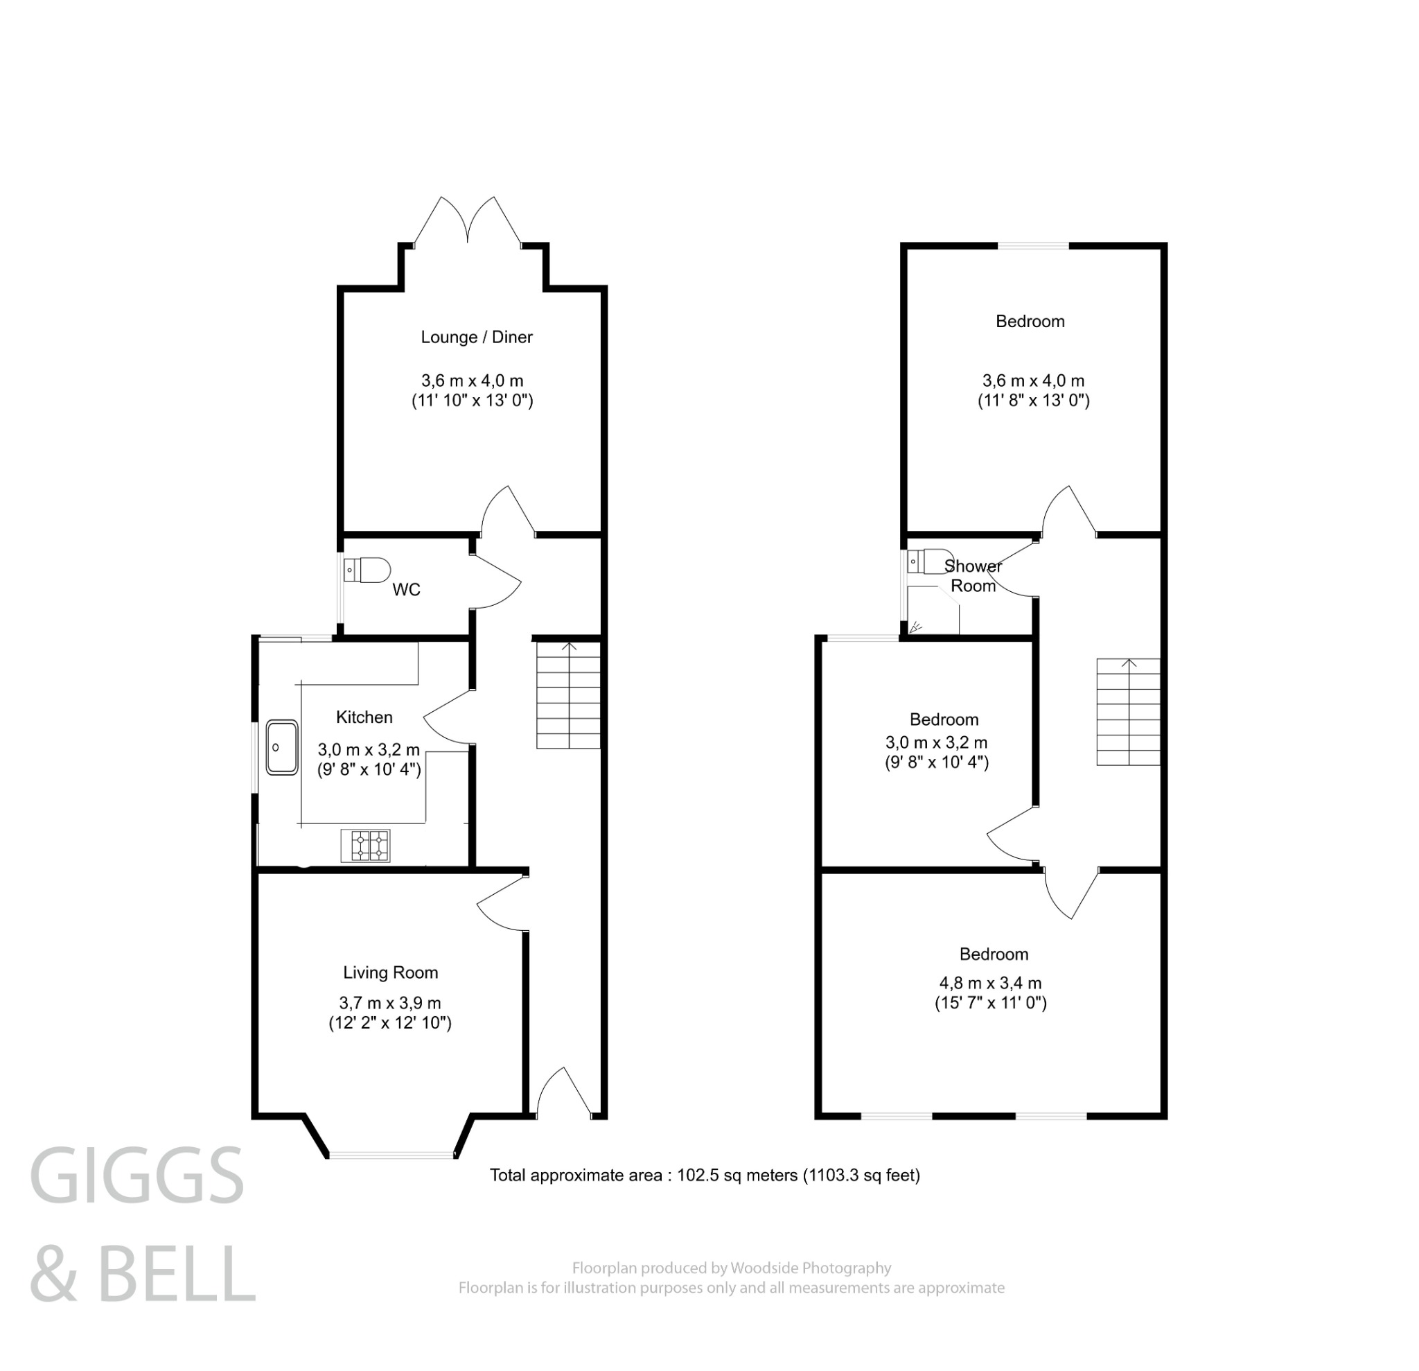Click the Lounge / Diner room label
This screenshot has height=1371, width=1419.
point(477,338)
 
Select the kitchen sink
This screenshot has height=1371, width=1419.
point(281,747)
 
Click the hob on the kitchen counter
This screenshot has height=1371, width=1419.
point(366,845)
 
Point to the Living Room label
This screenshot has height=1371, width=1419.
point(390,972)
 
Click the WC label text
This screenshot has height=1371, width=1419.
point(406,591)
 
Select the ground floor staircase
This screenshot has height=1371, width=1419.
point(568,696)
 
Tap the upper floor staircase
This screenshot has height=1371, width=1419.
point(1128,712)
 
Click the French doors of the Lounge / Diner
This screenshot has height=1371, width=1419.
point(468,221)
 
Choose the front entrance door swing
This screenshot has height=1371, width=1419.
point(563,1093)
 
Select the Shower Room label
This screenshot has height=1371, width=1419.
point(973,576)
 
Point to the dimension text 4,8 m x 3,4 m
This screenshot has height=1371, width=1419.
point(990,983)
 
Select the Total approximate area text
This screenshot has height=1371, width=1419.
point(705,1176)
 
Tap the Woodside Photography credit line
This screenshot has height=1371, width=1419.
point(731,1268)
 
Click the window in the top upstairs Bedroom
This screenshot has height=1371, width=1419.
point(1033,246)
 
